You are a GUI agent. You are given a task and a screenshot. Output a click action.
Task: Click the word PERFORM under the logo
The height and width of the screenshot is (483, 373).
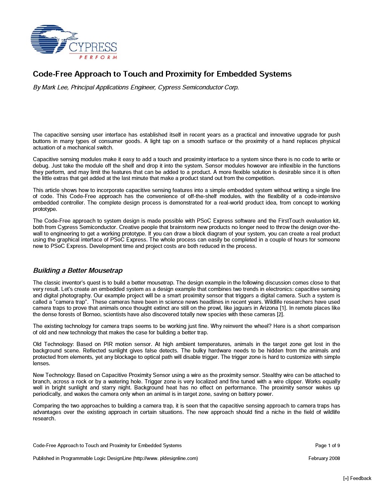coord(98,57)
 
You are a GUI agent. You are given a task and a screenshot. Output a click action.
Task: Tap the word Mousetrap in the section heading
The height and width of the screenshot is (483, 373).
coord(105,271)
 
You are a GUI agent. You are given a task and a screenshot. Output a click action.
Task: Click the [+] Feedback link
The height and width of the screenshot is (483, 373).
coord(357,478)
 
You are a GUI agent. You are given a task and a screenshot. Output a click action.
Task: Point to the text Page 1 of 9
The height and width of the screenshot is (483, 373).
coord(327,445)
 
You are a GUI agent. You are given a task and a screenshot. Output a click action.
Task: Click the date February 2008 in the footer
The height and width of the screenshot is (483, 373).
coord(324,458)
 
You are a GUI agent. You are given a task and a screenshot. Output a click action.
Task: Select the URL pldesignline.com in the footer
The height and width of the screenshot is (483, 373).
coord(178,458)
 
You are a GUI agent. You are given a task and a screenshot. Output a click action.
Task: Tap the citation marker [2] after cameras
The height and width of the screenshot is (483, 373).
coord(280,314)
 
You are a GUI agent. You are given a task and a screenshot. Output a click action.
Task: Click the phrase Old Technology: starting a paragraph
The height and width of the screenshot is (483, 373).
coord(53,344)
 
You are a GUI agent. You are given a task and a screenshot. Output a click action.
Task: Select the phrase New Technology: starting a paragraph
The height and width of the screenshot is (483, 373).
coord(54,375)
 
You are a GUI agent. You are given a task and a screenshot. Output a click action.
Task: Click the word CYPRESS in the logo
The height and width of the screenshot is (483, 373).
coord(93,48)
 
